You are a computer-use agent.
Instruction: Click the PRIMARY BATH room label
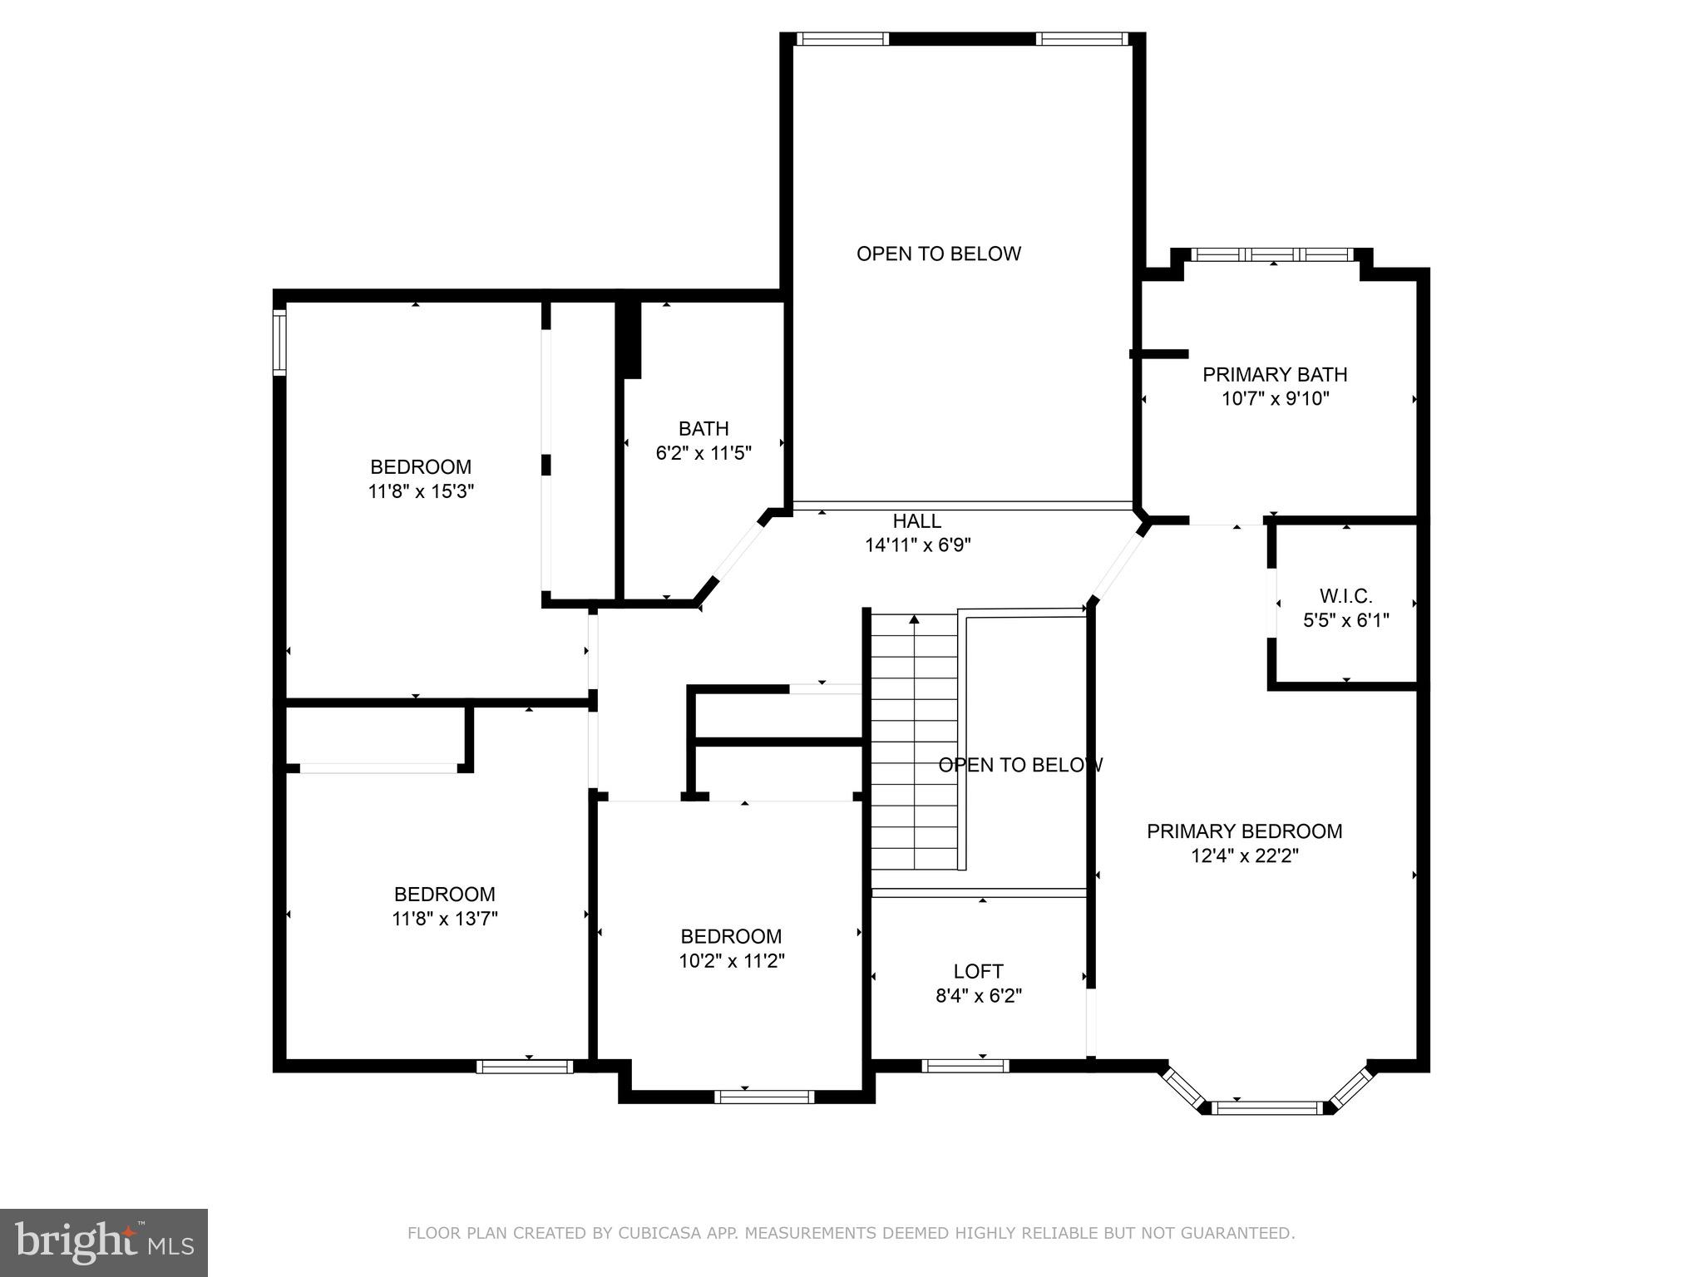1274,375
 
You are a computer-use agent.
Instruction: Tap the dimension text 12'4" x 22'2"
1244,855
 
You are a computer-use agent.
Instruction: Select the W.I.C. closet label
1345,596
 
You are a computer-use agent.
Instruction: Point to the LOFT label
978,971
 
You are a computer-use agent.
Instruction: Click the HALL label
916,521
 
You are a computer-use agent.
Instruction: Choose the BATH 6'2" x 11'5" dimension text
703,453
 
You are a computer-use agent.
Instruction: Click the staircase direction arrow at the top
914,619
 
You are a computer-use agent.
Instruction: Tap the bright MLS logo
104,1242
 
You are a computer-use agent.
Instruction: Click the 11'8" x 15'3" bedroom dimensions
421,491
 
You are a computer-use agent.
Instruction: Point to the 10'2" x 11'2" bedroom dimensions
731,961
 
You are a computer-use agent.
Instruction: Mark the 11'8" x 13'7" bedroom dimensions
444,919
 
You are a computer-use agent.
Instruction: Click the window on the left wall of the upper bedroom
280,342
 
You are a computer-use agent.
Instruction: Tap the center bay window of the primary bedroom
1268,1107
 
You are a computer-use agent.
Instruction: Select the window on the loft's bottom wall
965,1066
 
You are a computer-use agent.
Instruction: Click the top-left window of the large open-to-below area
842,38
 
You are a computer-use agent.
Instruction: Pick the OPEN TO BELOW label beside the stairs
1020,765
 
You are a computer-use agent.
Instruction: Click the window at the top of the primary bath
1272,254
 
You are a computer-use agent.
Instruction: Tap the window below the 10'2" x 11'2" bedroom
764,1097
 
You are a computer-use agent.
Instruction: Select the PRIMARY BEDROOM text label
1244,831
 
